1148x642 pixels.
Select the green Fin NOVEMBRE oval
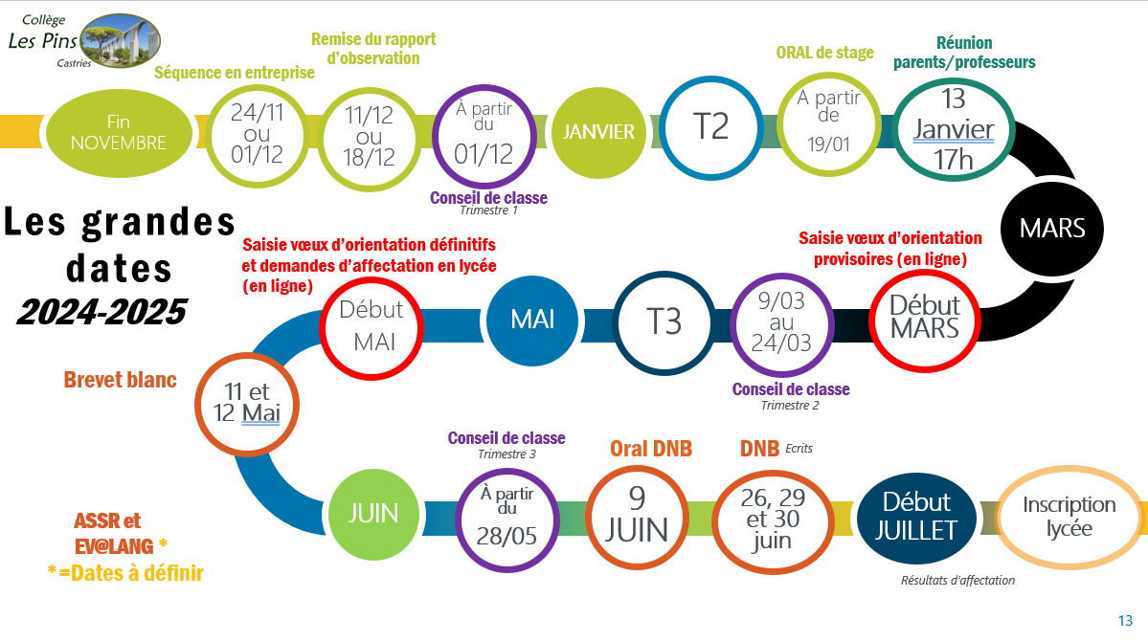tap(119, 132)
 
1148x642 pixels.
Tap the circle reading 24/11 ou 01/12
tap(257, 133)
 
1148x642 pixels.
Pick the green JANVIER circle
tap(599, 132)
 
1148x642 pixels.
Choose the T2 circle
tap(710, 126)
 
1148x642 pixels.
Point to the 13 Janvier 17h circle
tap(953, 128)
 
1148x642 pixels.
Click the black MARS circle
tap(1051, 229)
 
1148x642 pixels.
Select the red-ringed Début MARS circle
tap(924, 318)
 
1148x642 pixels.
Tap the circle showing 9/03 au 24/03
tap(781, 321)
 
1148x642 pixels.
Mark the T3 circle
tap(664, 321)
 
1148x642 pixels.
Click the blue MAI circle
tap(532, 319)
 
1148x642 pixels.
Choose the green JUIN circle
tap(373, 513)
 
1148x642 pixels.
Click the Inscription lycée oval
tap(1069, 517)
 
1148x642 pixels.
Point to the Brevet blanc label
tap(121, 380)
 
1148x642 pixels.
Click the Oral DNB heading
tap(651, 448)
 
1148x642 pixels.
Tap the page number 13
tap(1125, 620)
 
